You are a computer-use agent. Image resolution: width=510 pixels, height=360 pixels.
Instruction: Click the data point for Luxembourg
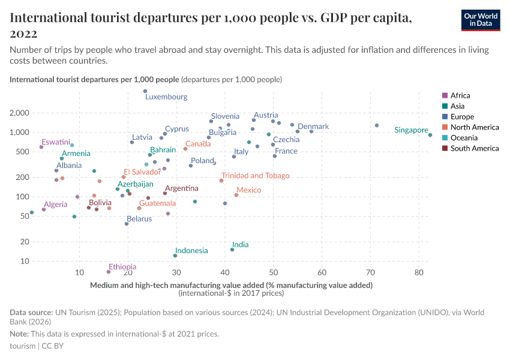coord(145,91)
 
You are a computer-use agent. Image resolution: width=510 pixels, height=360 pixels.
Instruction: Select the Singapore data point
coord(430,135)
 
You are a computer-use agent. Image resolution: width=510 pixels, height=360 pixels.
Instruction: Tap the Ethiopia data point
coord(109,272)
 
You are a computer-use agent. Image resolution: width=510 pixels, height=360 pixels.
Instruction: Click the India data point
coord(232,250)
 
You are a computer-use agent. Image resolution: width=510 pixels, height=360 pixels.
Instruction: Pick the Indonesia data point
coord(175,256)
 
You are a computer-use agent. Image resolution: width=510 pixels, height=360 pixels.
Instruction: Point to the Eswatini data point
coord(41,147)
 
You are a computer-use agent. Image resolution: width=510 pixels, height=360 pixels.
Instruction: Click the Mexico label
coord(248,190)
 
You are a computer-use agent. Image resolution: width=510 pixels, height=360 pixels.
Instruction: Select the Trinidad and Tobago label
coord(255,176)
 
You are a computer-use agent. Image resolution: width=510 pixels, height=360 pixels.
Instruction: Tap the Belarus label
coord(139,219)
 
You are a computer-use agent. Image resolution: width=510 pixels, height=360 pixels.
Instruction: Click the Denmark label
coord(313,127)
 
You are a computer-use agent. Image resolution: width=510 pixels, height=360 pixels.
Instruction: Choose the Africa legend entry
coord(460,95)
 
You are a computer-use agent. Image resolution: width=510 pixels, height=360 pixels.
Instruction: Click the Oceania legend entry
coord(463,138)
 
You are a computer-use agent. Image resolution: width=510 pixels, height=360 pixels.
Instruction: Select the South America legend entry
coord(474,148)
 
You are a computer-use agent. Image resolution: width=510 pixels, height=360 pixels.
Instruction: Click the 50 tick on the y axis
coord(25,216)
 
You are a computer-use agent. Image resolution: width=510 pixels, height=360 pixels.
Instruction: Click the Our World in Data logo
coord(481,20)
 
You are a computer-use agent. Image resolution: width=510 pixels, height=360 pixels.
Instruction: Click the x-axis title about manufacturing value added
coord(231,285)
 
